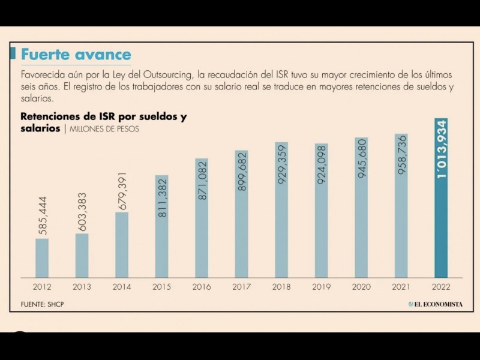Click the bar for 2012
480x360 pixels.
(x=42, y=258)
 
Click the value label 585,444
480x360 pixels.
(x=43, y=215)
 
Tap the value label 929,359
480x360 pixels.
(x=282, y=163)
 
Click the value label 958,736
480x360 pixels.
(x=401, y=155)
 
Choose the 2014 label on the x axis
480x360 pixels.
(x=122, y=287)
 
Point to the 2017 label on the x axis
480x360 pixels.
(x=242, y=287)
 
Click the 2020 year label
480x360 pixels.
(x=361, y=287)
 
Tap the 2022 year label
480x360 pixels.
(x=441, y=287)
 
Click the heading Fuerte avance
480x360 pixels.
(x=76, y=55)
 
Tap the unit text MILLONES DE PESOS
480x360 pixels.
(x=104, y=129)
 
